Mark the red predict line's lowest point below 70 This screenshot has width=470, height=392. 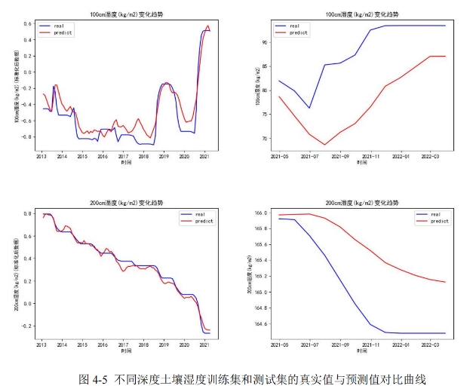[x=324, y=145]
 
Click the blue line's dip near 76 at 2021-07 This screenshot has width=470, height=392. [x=309, y=108]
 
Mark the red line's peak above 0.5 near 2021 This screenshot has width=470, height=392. [x=207, y=26]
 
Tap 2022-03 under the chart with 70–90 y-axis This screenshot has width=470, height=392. [x=431, y=157]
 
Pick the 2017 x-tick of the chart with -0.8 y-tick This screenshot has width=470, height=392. [x=124, y=157]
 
